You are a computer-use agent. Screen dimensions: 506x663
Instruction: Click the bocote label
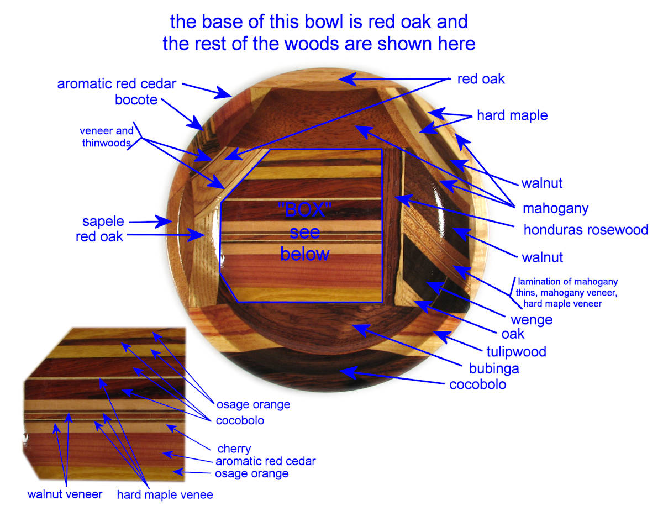click(x=136, y=100)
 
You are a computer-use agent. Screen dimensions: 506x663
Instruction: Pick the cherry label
click(x=234, y=449)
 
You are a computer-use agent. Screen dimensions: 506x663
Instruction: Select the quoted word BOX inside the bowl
click(x=305, y=210)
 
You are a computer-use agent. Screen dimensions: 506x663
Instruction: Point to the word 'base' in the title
click(x=224, y=22)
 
